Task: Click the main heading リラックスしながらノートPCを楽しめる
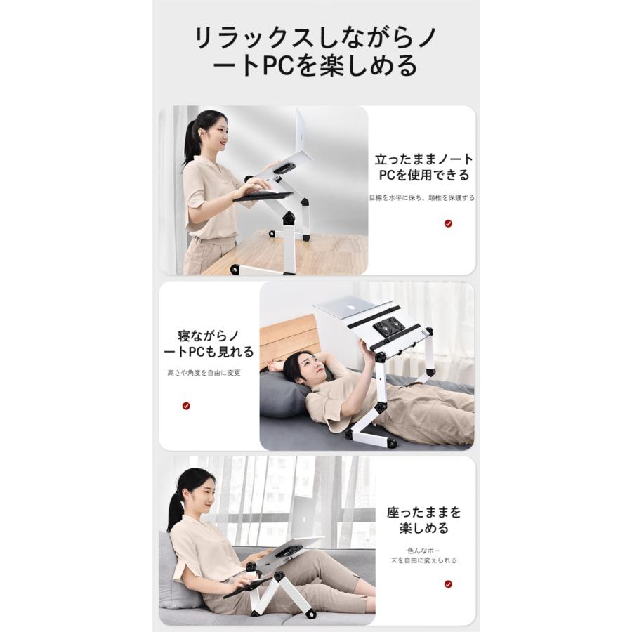tap(316, 51)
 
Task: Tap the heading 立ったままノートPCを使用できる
tap(423, 167)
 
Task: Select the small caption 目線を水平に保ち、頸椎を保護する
tap(422, 197)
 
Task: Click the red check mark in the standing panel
tap(448, 223)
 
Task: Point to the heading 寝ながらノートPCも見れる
tap(209, 344)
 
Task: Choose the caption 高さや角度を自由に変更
tap(204, 373)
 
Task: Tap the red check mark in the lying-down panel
tap(186, 406)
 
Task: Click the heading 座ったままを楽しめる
tap(423, 520)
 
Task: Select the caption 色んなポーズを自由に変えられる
tap(423, 555)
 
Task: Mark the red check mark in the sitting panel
tap(448, 584)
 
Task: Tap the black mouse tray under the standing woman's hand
tap(263, 197)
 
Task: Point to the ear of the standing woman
tap(202, 133)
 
